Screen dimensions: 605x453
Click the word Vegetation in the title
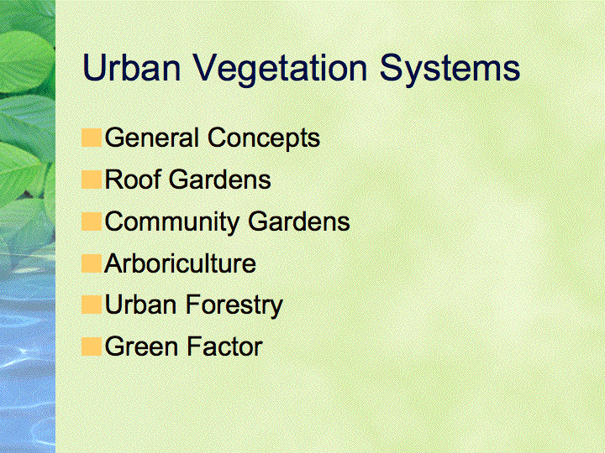280,70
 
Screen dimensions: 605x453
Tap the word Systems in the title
450,70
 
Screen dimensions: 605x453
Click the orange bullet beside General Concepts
92,138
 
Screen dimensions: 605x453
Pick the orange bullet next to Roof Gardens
92,180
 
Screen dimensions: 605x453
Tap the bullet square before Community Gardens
92,221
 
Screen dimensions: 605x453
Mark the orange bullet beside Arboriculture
92,263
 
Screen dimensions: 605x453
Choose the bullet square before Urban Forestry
92,305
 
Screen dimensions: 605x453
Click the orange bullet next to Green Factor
92,346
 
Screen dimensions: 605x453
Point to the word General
152,138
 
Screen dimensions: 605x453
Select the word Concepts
264,139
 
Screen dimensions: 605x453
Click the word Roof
133,180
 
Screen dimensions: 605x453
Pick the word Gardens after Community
299,221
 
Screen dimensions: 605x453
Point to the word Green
142,346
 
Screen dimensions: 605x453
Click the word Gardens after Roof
220,180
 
